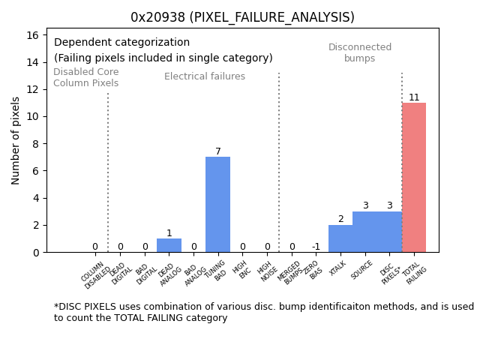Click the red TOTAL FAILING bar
(x=414, y=178)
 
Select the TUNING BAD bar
(x=217, y=204)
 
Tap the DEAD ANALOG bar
(x=169, y=245)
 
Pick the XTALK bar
(x=340, y=238)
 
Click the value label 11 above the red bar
(x=414, y=97)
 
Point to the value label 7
(x=218, y=151)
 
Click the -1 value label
(x=316, y=247)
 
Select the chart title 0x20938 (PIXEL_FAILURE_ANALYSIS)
(x=242, y=17)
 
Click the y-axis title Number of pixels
(x=16, y=140)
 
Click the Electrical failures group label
(x=205, y=76)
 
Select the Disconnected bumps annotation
(x=360, y=53)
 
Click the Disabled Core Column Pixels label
(x=85, y=78)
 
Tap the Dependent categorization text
(x=121, y=43)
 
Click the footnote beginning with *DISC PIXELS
(x=263, y=312)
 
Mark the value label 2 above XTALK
(x=340, y=219)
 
